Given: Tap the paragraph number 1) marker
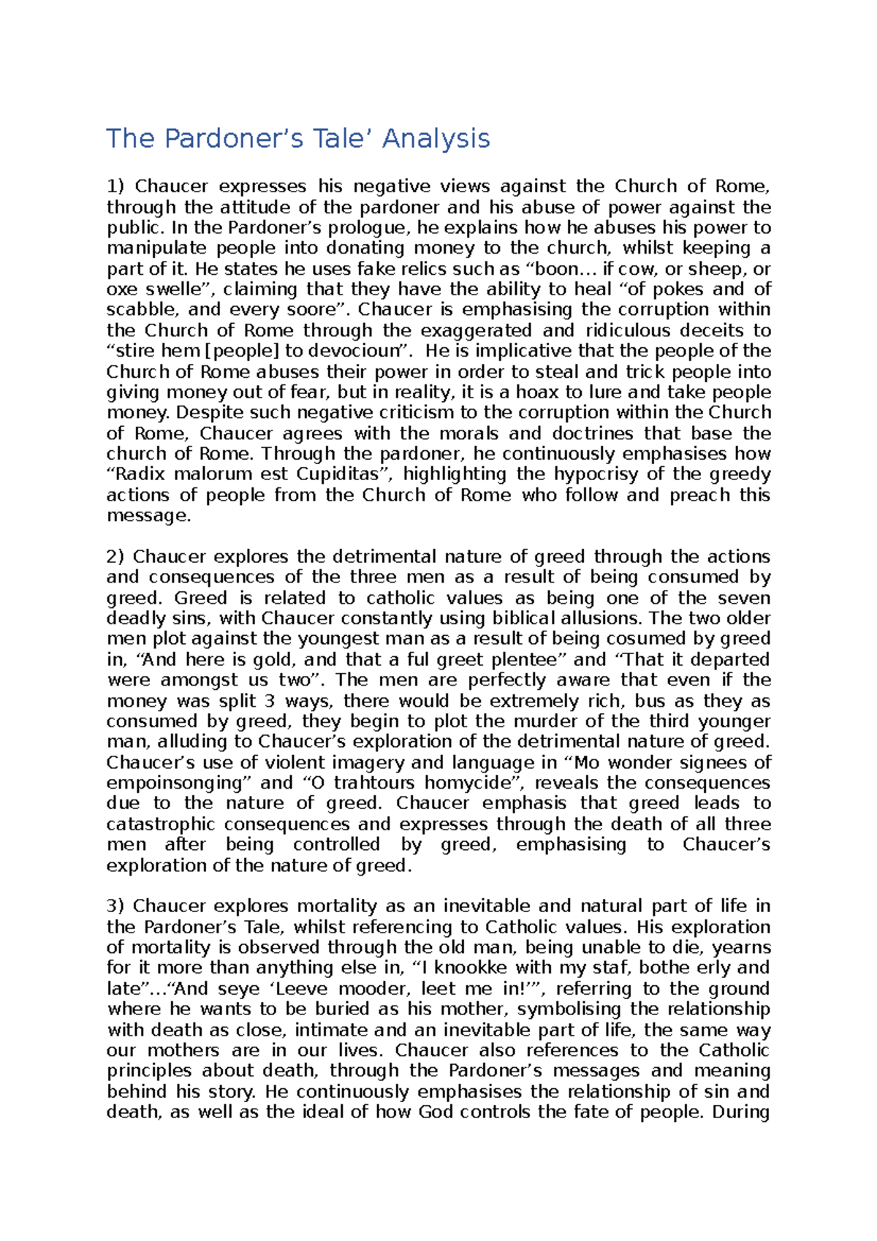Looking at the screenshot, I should (116, 186).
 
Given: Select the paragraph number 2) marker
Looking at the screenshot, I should (116, 557).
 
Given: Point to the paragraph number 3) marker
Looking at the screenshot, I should (116, 906).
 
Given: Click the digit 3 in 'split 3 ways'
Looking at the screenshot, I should (270, 701).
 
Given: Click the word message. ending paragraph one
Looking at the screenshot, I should (148, 516).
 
